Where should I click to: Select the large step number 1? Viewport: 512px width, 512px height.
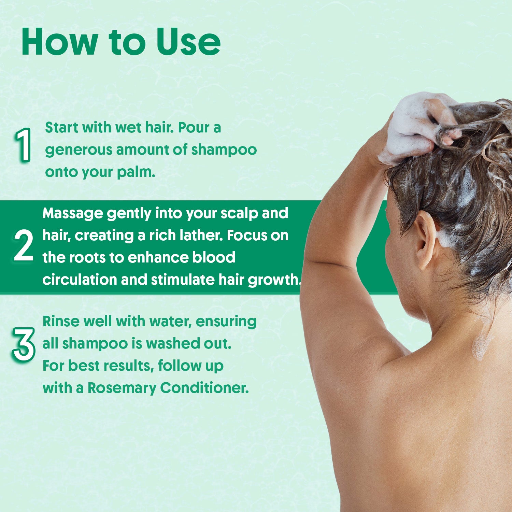click(23, 145)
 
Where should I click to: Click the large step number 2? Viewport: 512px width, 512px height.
click(24, 245)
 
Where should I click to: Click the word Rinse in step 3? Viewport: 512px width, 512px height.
click(60, 321)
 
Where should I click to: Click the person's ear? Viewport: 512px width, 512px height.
click(425, 239)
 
